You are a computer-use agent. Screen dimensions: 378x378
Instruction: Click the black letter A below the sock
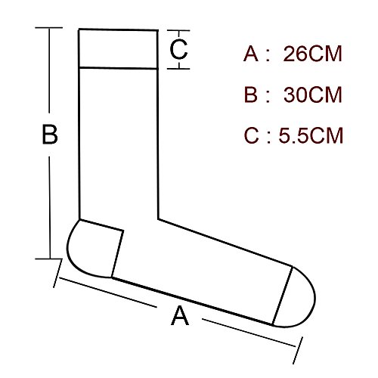coord(180,315)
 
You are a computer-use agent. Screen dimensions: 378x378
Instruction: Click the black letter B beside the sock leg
coord(50,134)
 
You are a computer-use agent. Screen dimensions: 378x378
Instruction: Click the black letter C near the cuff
coord(178,49)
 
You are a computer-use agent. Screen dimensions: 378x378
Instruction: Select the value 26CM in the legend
coord(312,54)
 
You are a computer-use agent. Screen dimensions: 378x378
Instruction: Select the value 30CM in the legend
coord(313,94)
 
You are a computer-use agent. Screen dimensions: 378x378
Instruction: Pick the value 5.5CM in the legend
coord(311,135)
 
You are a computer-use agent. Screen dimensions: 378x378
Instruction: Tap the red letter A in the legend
coord(251,54)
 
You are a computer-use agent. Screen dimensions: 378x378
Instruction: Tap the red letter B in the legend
coord(251,94)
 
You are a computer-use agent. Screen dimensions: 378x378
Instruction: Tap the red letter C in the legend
coord(251,135)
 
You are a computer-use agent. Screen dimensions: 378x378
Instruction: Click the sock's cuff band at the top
coord(119,49)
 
